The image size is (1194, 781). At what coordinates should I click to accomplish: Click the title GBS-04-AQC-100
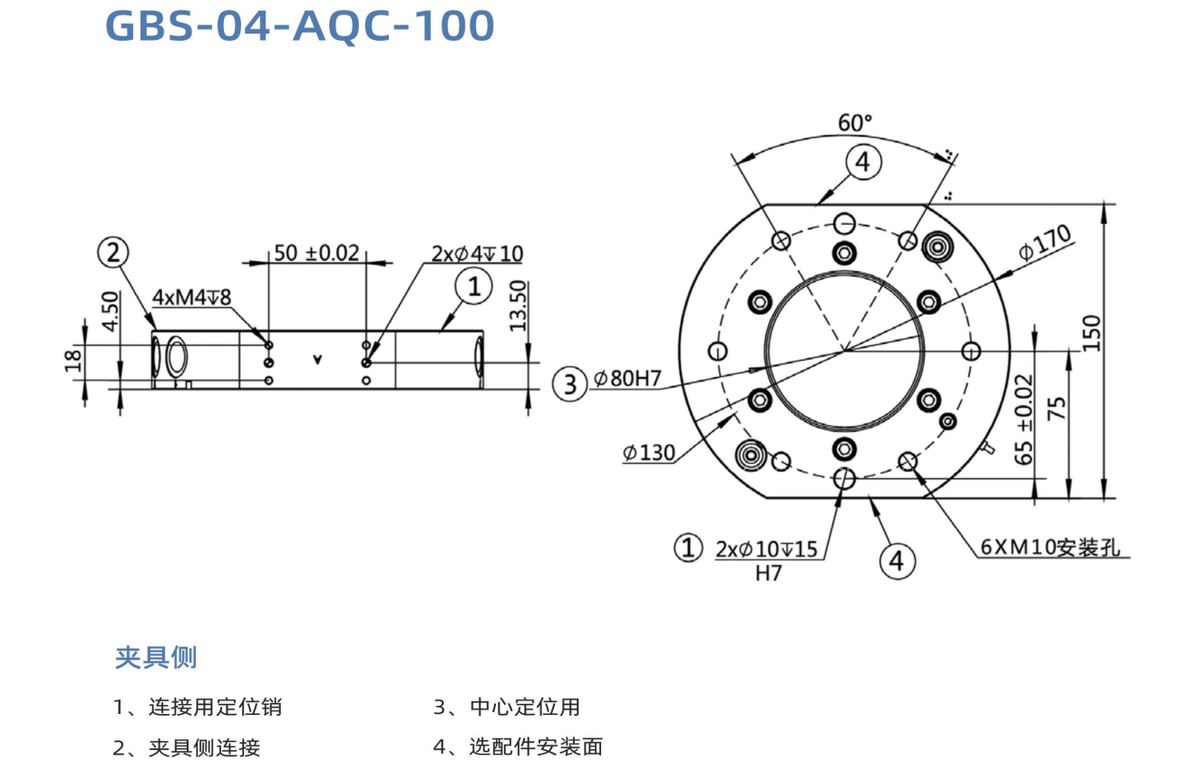click(300, 26)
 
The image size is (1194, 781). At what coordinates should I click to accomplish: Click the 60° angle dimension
click(854, 122)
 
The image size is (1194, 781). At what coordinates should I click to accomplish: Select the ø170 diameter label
click(1044, 243)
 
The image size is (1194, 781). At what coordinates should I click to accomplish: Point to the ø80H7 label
click(629, 381)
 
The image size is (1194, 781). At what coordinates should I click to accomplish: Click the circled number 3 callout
click(569, 384)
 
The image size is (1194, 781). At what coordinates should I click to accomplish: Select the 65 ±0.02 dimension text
click(1024, 419)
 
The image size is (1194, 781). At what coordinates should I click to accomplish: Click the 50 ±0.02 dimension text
click(316, 253)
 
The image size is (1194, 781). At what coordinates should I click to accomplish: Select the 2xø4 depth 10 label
click(477, 253)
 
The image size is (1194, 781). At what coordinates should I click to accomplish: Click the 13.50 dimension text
click(519, 305)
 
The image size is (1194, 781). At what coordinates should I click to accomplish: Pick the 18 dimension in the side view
click(74, 360)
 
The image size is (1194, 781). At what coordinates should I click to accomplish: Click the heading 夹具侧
click(155, 657)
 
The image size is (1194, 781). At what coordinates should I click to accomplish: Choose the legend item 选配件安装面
click(535, 747)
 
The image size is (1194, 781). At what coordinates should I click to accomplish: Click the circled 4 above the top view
click(862, 162)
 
